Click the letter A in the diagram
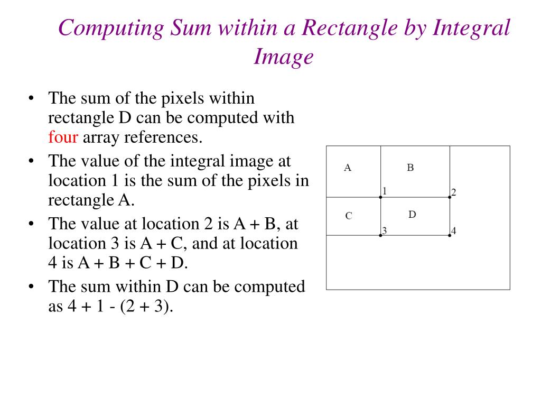[x=348, y=168]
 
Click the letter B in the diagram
[x=411, y=168]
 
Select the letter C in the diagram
[x=349, y=216]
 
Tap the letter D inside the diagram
[x=413, y=214]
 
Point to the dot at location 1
[x=380, y=197]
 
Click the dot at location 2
[x=450, y=197]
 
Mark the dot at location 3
[x=380, y=235]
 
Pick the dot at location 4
[x=450, y=235]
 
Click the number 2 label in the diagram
[x=454, y=192]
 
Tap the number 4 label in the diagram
[x=454, y=230]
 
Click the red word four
[x=63, y=137]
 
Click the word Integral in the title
[x=472, y=28]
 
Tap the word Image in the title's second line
[x=284, y=56]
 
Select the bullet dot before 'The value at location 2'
[x=32, y=224]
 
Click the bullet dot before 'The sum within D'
[x=32, y=287]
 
